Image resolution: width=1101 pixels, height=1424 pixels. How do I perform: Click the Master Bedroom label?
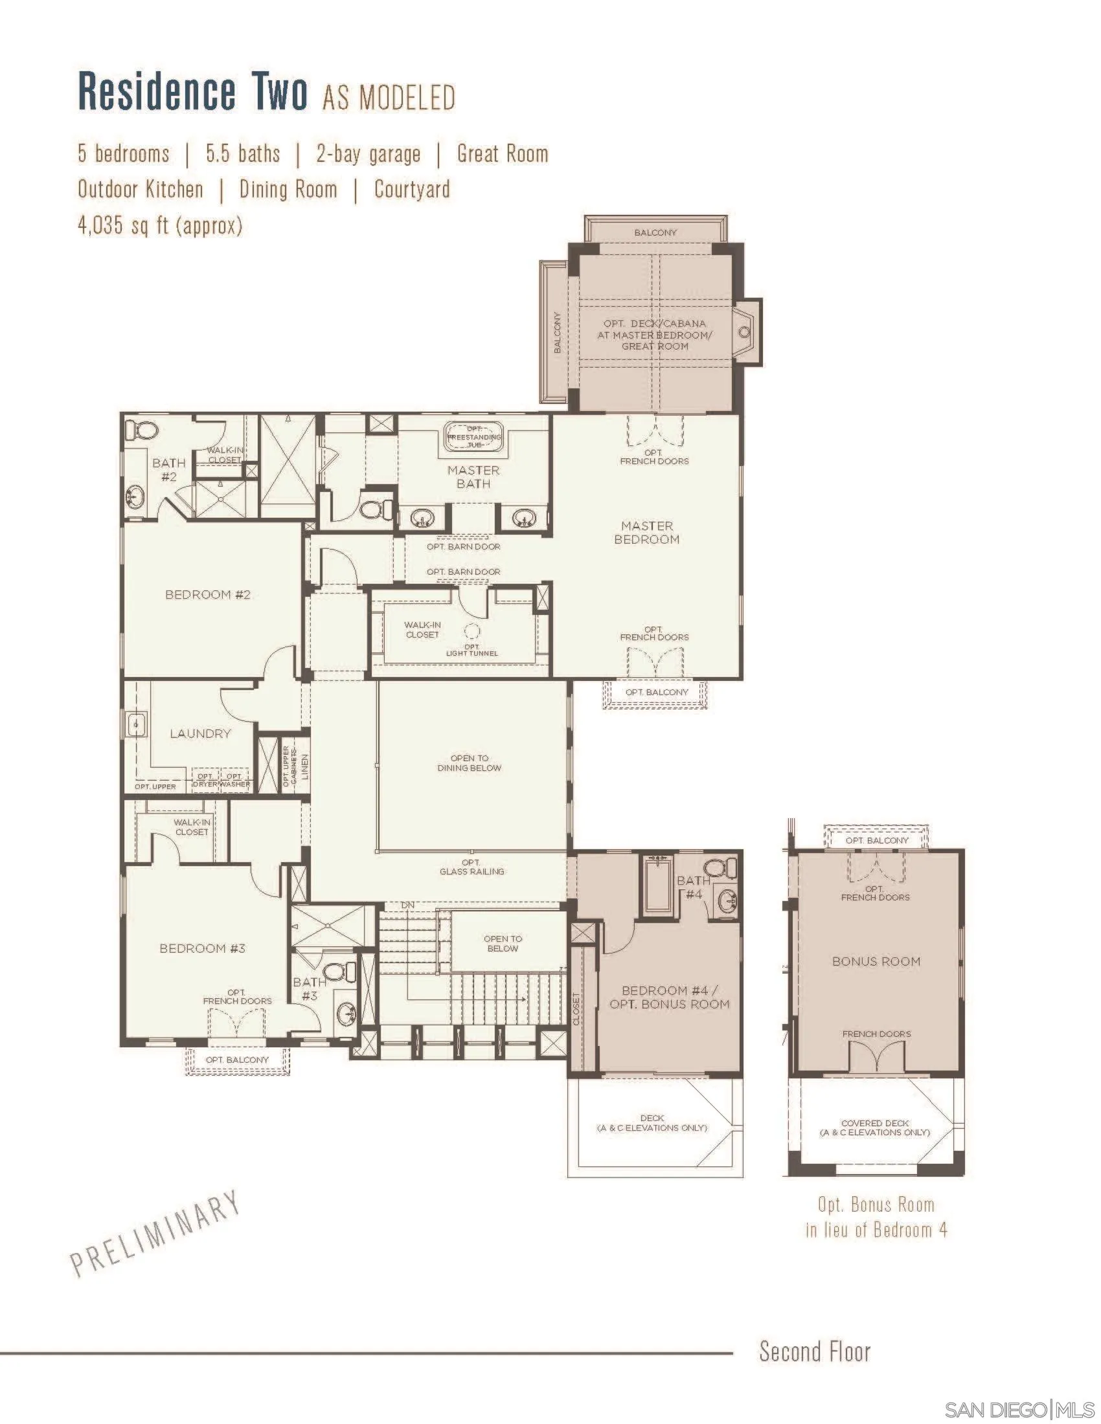point(646,533)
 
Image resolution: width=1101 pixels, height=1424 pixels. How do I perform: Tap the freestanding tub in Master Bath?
point(474,437)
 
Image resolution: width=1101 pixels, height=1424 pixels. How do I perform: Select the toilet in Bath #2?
point(142,430)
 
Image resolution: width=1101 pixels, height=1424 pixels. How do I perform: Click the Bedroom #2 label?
point(207,595)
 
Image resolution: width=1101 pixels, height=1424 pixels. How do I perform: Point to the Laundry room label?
point(200,733)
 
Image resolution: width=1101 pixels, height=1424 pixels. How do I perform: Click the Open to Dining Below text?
point(469,763)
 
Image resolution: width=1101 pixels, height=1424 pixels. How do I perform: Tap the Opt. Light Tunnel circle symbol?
point(471,631)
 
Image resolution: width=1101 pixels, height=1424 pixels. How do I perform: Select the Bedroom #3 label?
point(202,949)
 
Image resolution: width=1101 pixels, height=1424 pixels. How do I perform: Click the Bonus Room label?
point(876,961)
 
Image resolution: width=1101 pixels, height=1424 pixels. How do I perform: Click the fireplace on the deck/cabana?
point(745,333)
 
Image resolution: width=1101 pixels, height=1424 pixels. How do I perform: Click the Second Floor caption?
point(815,1352)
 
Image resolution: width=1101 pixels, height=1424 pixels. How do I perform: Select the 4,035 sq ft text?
point(160,226)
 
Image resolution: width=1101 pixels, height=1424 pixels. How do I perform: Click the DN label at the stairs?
point(407,905)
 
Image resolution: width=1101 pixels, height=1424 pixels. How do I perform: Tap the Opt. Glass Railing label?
point(471,867)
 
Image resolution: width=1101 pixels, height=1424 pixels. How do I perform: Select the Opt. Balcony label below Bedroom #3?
point(238,1060)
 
